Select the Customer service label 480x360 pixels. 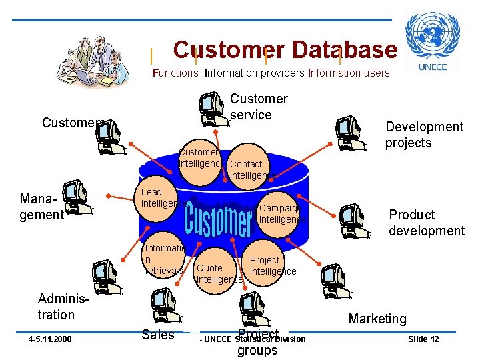[259, 107]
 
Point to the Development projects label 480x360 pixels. [424, 135]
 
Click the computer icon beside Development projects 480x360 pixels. [350, 133]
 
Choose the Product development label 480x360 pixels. [427, 223]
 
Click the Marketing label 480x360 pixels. [377, 319]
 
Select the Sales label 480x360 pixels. [158, 335]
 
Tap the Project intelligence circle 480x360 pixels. [272, 265]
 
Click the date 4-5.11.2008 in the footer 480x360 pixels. [51, 339]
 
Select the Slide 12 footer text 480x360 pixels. [423, 339]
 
